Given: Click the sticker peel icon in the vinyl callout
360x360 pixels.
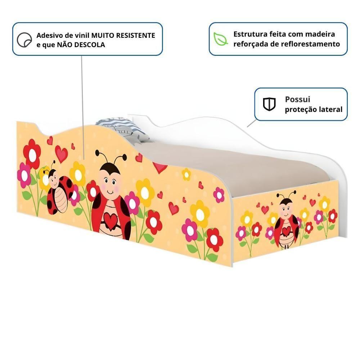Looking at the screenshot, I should pos(24,40).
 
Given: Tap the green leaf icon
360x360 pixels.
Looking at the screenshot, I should pos(220,39).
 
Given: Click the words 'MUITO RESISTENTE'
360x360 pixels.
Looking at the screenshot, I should pos(123,36).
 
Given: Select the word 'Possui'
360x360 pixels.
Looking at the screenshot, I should pos(297,99).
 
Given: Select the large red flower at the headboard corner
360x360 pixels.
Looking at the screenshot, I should pos(32,154).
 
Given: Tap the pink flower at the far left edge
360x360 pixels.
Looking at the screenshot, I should pos(24,175).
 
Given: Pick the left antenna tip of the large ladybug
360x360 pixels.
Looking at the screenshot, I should pos(97,152).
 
